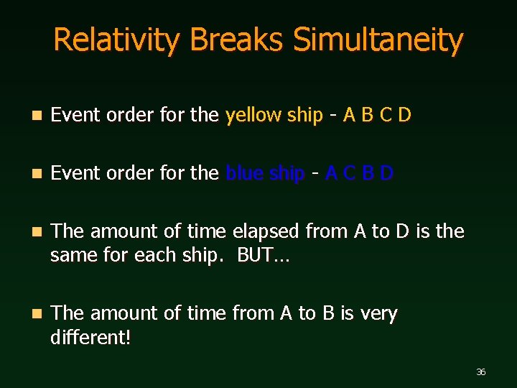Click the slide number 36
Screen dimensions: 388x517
click(x=480, y=371)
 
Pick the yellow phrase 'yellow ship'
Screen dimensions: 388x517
click(x=274, y=116)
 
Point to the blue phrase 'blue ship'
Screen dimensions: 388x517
click(x=265, y=173)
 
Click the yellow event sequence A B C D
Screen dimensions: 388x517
click(x=377, y=116)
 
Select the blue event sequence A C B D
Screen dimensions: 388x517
click(x=359, y=173)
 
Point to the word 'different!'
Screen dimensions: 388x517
click(x=90, y=337)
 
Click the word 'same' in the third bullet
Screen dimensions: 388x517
click(x=73, y=255)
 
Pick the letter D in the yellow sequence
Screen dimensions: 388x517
click(x=404, y=116)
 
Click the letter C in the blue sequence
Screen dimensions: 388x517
click(x=350, y=173)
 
